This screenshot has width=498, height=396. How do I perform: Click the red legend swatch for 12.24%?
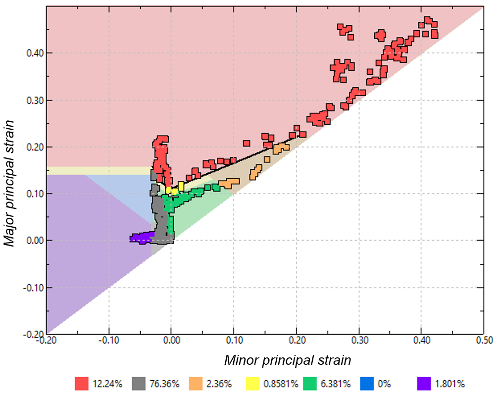point(82,383)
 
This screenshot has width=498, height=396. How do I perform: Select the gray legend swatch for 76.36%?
point(139,383)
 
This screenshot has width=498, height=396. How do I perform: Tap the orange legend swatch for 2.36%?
point(196,383)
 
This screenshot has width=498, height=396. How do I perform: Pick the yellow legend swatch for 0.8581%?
point(253,383)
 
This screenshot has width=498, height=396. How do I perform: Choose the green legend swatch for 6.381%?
point(310,383)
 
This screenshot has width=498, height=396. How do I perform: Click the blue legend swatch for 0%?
point(367,383)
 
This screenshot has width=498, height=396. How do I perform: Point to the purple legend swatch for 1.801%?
point(424,383)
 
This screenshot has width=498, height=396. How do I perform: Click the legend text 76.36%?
point(163,383)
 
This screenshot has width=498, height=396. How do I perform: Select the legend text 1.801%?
point(449,383)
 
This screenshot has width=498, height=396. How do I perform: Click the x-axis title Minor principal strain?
point(288,360)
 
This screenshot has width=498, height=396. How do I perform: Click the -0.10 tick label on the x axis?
point(108,341)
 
